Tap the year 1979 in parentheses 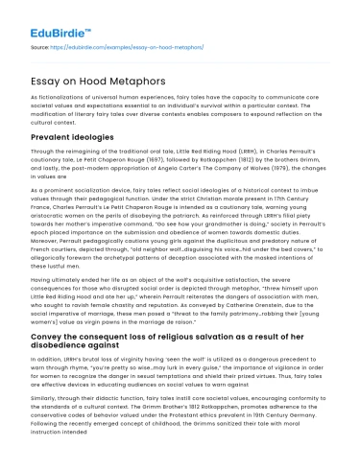click(289, 161)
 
